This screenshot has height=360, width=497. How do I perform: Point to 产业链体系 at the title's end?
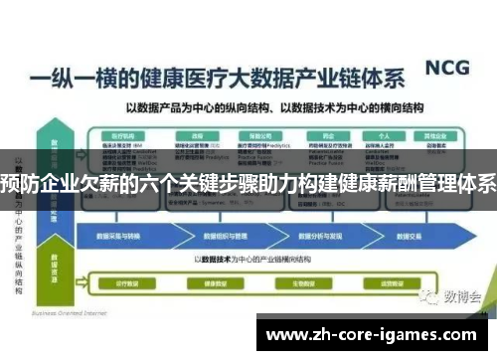pyautogui.click(x=349, y=78)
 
